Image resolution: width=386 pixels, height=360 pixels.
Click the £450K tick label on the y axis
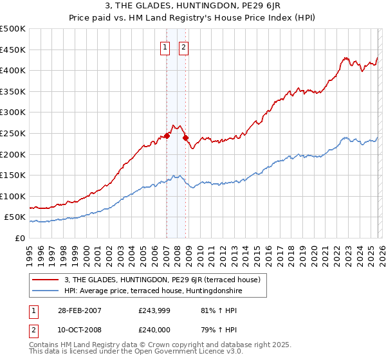(x=13, y=50)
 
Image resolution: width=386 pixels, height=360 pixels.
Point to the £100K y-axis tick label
(x=13, y=196)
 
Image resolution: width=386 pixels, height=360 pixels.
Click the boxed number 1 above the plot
(x=165, y=46)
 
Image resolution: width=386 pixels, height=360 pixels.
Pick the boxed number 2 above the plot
(x=184, y=46)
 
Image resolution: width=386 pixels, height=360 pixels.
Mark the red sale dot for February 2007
(x=167, y=136)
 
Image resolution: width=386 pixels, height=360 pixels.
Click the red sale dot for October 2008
(x=185, y=138)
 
